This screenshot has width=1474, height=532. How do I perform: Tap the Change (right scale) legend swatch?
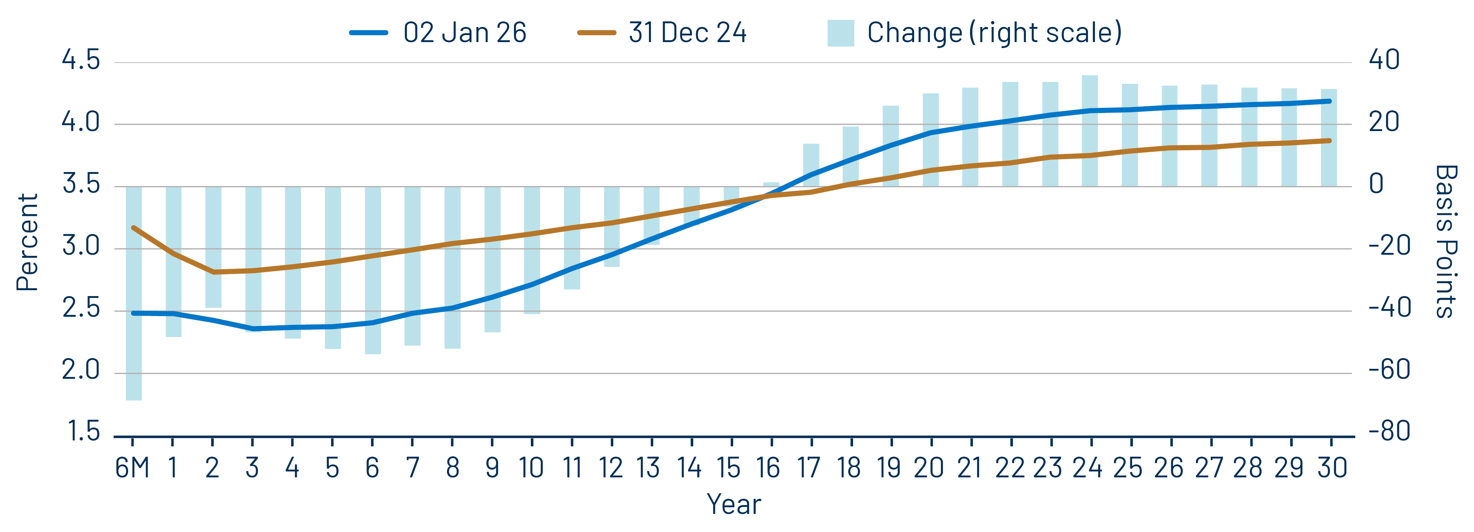tap(841, 32)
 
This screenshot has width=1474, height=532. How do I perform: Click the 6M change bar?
tap(133, 293)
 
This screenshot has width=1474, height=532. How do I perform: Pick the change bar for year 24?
tap(1089, 130)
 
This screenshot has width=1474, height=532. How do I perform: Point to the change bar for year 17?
tap(811, 165)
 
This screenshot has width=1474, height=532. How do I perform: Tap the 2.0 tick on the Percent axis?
tap(81, 371)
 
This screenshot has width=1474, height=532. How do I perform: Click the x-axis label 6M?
tap(132, 468)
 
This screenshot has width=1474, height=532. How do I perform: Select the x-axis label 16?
tap(768, 468)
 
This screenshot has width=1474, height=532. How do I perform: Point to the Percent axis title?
tap(27, 243)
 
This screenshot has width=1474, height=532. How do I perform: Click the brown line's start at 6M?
tap(133, 228)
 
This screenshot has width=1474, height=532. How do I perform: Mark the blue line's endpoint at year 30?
tap(1329, 101)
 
